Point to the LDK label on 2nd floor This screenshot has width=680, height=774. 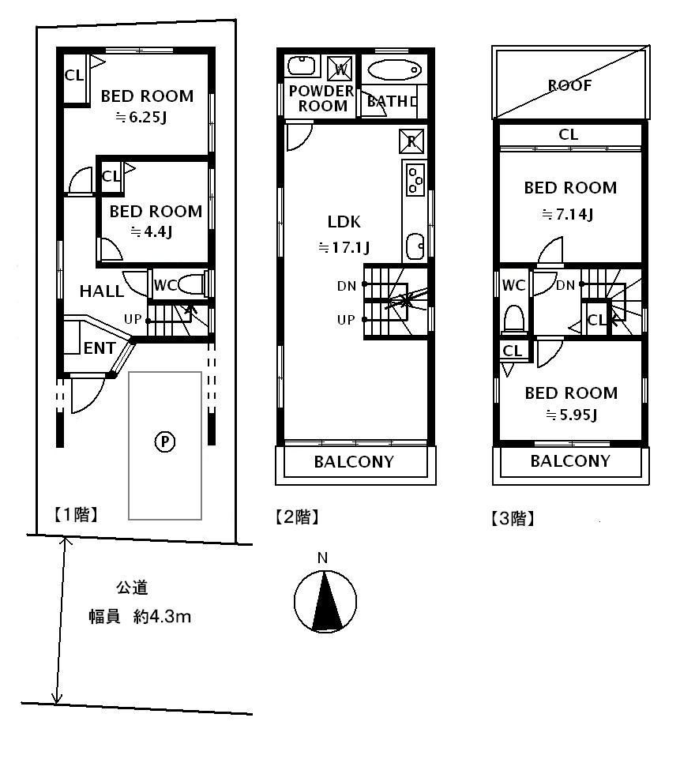click(x=344, y=222)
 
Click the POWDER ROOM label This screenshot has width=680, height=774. click(x=320, y=99)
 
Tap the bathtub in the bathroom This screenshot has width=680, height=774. click(x=394, y=69)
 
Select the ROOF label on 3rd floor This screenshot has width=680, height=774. click(x=570, y=85)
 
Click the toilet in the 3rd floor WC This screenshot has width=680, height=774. click(x=514, y=317)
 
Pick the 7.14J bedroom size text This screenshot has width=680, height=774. click(x=569, y=213)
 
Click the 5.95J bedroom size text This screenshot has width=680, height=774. click(x=569, y=415)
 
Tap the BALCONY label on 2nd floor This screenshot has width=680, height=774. click(x=354, y=462)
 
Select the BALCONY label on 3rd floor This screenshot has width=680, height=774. click(x=570, y=461)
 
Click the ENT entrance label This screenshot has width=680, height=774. click(x=100, y=348)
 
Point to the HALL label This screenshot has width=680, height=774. click(x=101, y=291)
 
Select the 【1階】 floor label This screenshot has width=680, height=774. click(x=75, y=516)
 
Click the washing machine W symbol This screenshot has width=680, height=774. click(x=340, y=67)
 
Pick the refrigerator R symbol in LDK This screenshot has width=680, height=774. click(x=411, y=141)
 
